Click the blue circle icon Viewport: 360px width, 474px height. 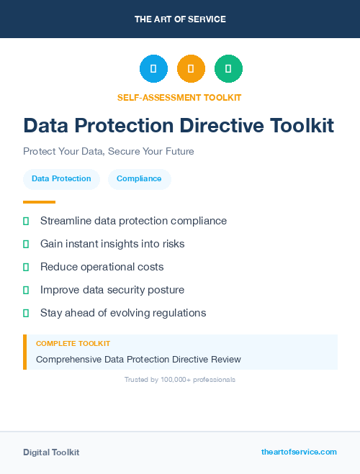[x=153, y=69]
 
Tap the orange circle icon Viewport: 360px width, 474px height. [x=191, y=69]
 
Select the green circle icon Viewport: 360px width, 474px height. [x=228, y=69]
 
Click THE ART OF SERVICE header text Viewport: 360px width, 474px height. [x=180, y=19]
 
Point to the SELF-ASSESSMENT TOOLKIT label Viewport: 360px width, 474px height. [x=180, y=97]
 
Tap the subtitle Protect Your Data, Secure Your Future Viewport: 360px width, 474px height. [x=109, y=152]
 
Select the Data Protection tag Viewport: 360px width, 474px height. [x=61, y=179]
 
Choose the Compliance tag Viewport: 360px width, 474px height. [x=139, y=179]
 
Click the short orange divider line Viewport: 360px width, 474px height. [x=39, y=202]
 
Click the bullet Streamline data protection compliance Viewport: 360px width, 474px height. [x=133, y=221]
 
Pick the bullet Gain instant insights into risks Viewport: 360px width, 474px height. [x=112, y=244]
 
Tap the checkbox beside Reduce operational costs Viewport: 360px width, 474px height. [x=26, y=267]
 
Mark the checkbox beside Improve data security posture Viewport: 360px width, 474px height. [x=26, y=290]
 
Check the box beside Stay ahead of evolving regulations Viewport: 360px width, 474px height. [x=26, y=313]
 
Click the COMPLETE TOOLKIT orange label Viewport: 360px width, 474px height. [x=73, y=344]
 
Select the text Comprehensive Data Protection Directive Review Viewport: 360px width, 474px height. [x=138, y=359]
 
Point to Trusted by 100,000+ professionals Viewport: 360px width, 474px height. [x=180, y=379]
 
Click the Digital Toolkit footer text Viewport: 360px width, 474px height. [x=51, y=452]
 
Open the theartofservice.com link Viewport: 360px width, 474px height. [x=299, y=452]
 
